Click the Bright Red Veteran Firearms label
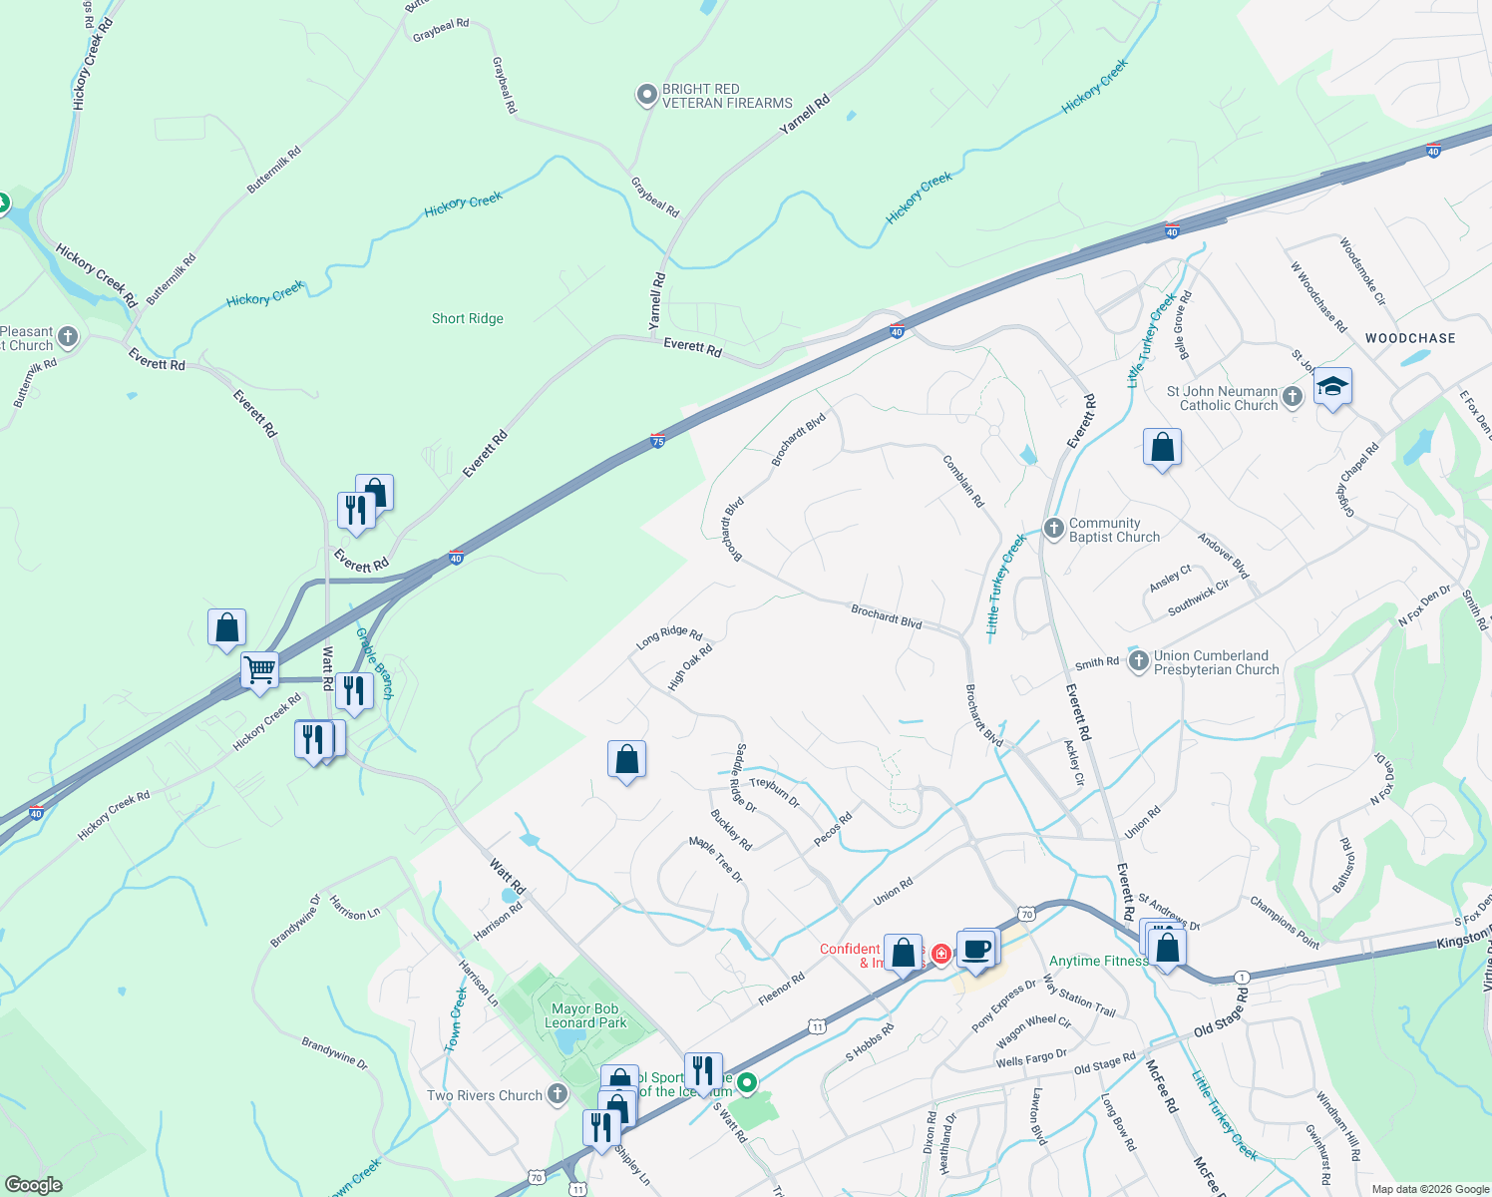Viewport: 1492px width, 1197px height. tap(727, 96)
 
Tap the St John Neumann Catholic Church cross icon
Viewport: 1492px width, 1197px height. tap(1293, 397)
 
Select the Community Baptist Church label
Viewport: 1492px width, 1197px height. tap(1114, 530)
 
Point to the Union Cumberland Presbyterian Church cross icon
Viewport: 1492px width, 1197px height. tap(1138, 661)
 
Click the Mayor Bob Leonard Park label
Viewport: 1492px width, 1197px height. tap(585, 1015)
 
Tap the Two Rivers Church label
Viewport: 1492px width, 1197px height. tap(485, 1095)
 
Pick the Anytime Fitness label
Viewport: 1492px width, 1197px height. tap(1098, 961)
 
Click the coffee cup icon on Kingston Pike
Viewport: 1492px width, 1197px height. tap(976, 949)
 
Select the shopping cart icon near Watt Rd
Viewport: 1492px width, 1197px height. tap(259, 669)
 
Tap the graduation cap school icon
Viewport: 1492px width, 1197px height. tap(1332, 386)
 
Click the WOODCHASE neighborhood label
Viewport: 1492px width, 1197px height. tap(1410, 338)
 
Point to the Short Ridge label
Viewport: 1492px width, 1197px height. tap(468, 318)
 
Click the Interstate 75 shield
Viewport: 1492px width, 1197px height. tap(657, 440)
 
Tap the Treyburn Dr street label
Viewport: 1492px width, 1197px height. tap(775, 791)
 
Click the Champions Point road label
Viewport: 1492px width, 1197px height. tap(1285, 922)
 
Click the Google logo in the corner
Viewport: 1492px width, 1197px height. tap(33, 1184)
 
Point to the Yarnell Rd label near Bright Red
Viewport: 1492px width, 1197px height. tap(805, 116)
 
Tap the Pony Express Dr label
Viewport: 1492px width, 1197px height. tap(1003, 1006)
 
